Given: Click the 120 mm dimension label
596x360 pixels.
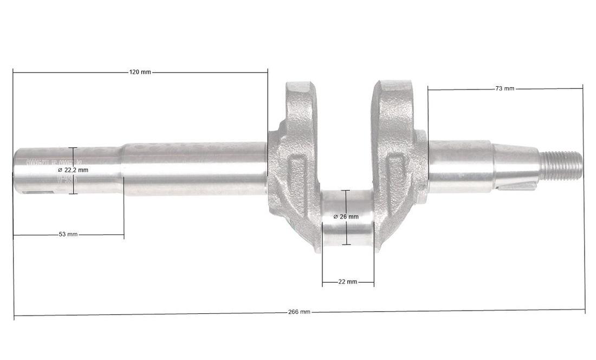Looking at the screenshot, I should click(x=140, y=72).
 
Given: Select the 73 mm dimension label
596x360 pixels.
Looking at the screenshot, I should click(x=504, y=88).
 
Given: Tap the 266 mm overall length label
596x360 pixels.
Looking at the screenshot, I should click(x=299, y=312).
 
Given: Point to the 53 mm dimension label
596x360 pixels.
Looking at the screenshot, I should click(x=68, y=234).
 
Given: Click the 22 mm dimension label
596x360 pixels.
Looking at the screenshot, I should click(x=347, y=282).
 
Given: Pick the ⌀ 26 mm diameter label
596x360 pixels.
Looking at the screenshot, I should click(x=346, y=216).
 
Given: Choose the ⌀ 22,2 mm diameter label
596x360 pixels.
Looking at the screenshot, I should click(x=73, y=170).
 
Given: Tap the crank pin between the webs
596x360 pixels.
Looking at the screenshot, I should click(x=347, y=220).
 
